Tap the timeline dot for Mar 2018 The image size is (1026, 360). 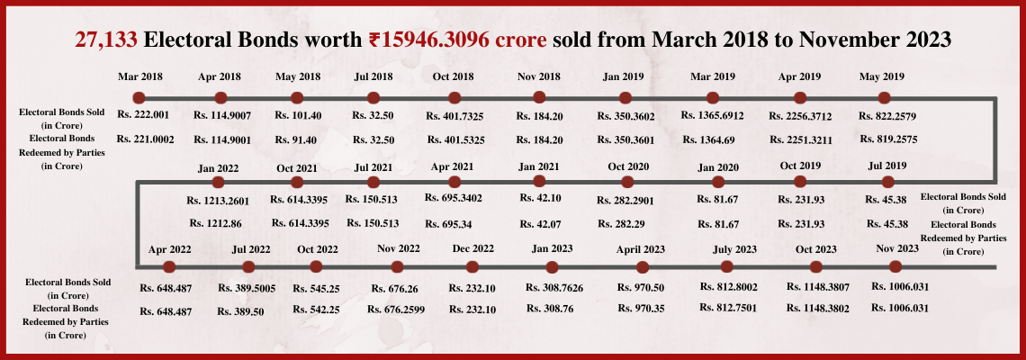click(x=139, y=97)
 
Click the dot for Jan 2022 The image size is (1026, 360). click(x=218, y=183)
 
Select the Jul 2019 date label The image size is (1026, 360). click(x=886, y=166)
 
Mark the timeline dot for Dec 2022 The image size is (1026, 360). click(x=472, y=266)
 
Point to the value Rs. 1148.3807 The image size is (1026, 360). click(x=818, y=287)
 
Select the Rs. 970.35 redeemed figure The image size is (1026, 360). click(x=643, y=309)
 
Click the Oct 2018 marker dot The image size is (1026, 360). click(x=454, y=97)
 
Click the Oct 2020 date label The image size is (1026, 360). click(x=628, y=166)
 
